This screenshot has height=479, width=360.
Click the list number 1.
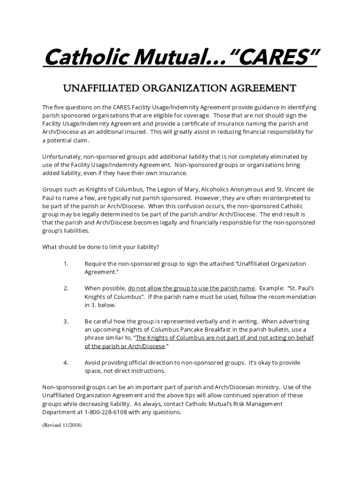[x=66, y=264]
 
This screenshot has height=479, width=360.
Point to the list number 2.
[x=66, y=289]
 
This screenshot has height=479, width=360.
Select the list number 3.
[x=66, y=322]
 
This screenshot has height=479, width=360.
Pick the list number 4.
[x=66, y=363]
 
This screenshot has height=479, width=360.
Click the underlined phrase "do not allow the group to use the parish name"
[x=191, y=289]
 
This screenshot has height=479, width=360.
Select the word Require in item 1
[x=95, y=264]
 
